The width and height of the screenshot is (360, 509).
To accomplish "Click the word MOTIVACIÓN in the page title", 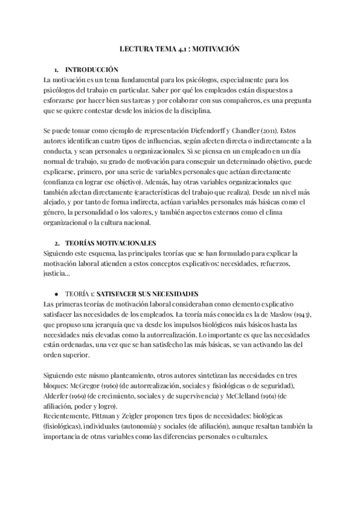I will [x=214, y=52].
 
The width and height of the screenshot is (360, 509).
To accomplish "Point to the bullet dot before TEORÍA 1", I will [x=56, y=294].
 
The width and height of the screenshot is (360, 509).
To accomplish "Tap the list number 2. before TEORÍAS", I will [x=56, y=243].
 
